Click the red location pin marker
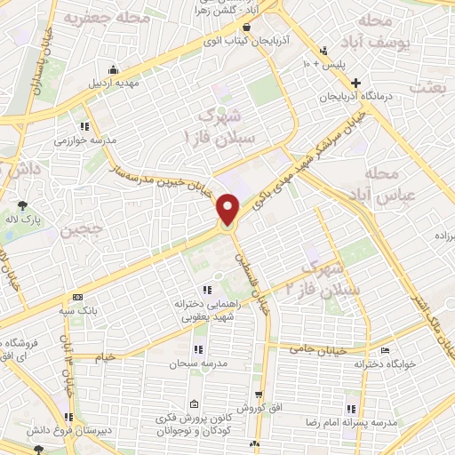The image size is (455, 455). [228, 210]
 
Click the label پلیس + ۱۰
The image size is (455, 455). [324, 64]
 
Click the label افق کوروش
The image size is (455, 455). [259, 408]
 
